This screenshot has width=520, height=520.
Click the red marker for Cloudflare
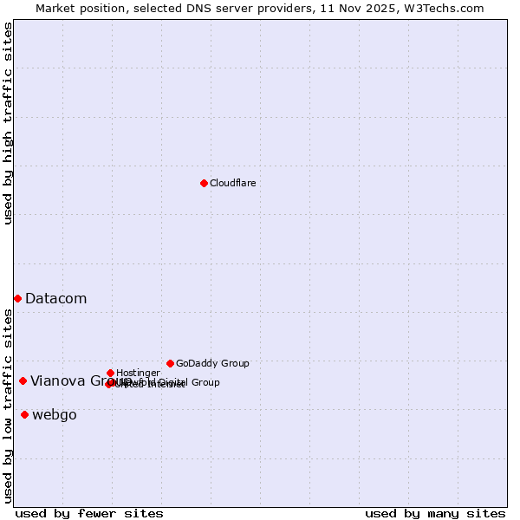[204, 183]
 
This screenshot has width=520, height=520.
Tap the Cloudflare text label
[232, 183]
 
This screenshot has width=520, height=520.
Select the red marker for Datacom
[17, 298]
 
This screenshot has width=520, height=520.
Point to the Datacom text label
[55, 298]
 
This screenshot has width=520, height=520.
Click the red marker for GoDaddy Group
[170, 363]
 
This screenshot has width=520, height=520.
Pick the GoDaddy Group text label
[212, 363]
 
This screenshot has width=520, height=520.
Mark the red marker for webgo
[24, 414]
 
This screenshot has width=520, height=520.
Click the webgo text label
[54, 414]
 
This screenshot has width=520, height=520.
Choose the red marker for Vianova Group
[23, 380]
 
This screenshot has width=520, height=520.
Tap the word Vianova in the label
[58, 380]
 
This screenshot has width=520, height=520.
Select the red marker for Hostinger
[110, 373]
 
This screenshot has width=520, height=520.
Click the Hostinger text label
[138, 373]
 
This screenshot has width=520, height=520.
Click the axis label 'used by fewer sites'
[89, 513]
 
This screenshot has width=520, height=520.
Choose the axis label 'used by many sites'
[435, 513]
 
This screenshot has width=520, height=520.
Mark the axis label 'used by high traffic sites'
[8, 123]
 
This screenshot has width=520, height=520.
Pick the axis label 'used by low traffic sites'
[8, 406]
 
